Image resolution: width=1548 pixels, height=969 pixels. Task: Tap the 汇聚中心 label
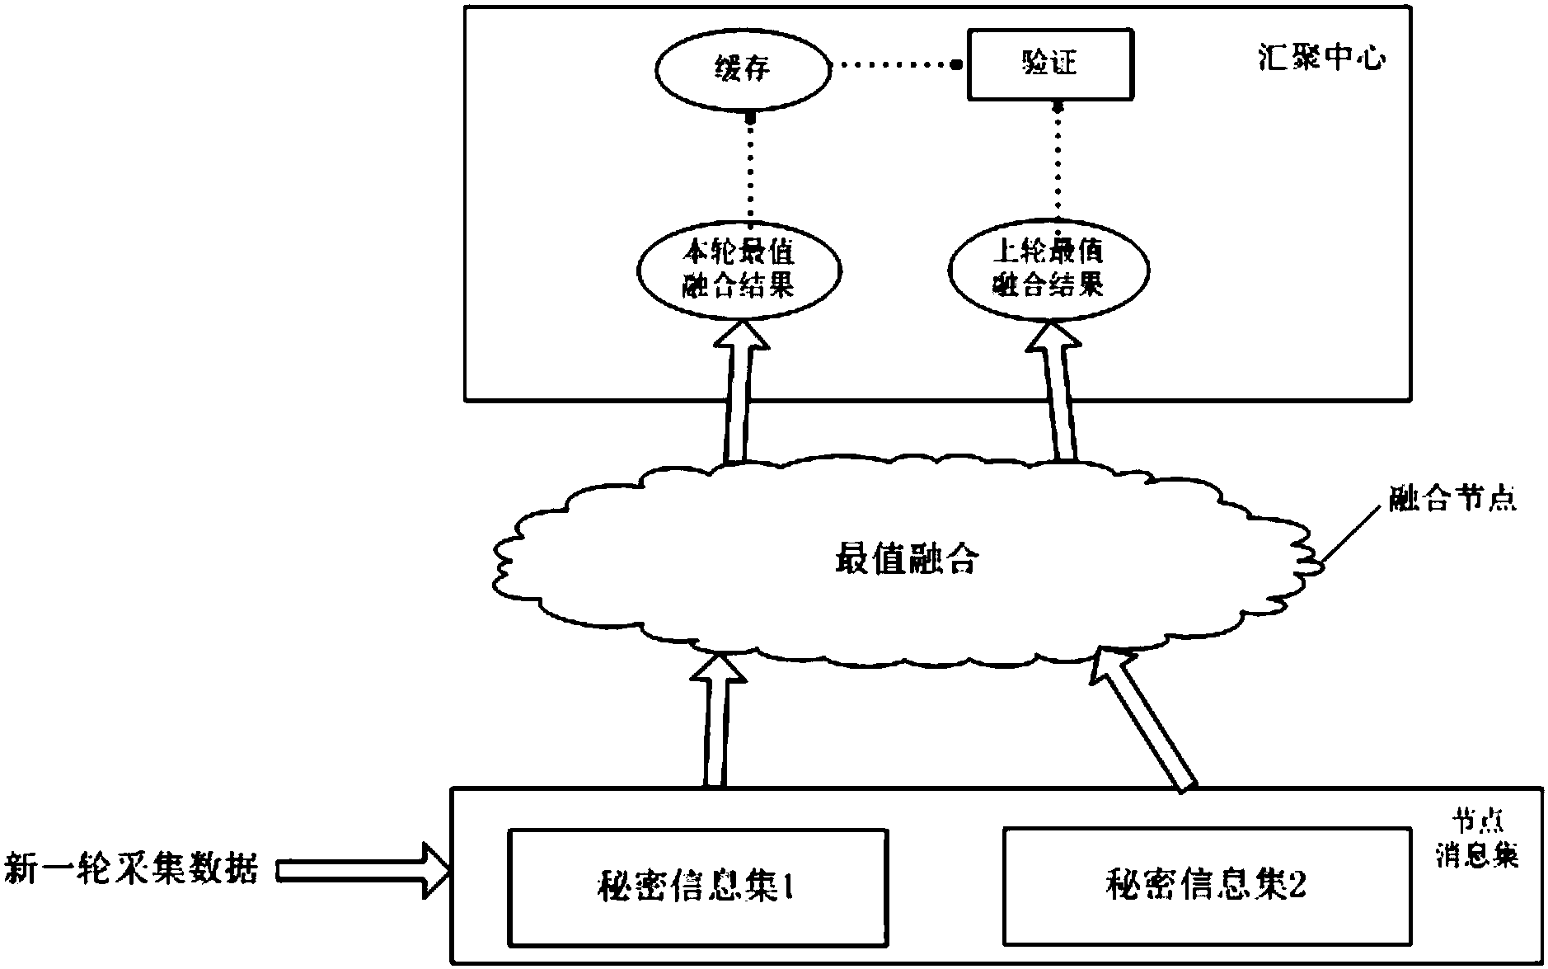point(1322,58)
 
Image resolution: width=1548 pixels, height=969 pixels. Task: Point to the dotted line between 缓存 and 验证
point(893,64)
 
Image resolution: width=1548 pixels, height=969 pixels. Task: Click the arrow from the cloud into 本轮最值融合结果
point(739,396)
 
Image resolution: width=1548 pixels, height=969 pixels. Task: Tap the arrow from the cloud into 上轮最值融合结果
point(1060,396)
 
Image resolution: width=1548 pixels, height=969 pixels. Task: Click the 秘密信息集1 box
point(697,887)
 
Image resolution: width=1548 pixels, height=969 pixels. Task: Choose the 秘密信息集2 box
point(1205,886)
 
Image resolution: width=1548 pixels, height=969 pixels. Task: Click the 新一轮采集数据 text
point(132,869)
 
